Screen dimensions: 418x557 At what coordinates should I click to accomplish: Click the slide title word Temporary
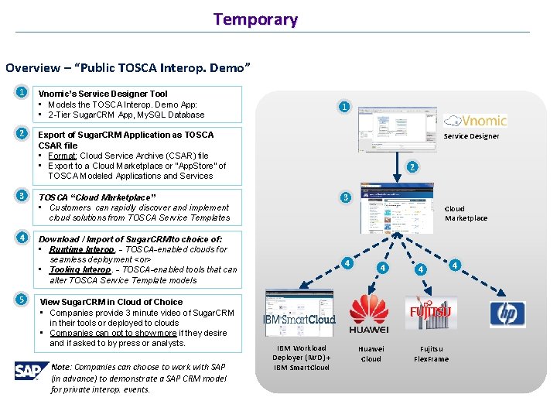coord(255,19)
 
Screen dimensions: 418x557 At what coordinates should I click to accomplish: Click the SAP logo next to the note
coord(26,372)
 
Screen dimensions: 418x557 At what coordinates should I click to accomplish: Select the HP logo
coord(507,314)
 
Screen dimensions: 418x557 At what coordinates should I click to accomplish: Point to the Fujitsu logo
coord(431,312)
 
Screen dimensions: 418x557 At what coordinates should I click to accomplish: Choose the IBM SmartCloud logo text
coord(299,319)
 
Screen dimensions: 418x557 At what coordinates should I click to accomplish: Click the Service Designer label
coord(471,136)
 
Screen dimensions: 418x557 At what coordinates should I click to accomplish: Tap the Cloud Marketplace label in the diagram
coord(466,214)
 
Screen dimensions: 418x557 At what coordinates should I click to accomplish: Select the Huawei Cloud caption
coord(371,354)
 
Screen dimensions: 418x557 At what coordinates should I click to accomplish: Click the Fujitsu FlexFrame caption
coord(432,354)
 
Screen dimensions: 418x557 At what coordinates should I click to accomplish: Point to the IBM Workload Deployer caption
coord(301,358)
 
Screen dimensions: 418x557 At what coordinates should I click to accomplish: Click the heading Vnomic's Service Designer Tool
coord(103,94)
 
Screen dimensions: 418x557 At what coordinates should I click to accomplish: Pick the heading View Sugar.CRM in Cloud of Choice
coord(111,302)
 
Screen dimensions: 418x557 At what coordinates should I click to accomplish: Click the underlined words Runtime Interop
coord(81,249)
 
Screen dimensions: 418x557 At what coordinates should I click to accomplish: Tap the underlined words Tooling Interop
coord(80,269)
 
